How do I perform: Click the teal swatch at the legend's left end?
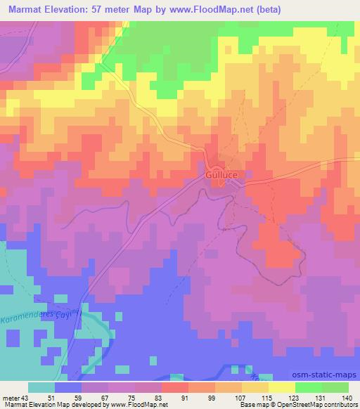(41, 387)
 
